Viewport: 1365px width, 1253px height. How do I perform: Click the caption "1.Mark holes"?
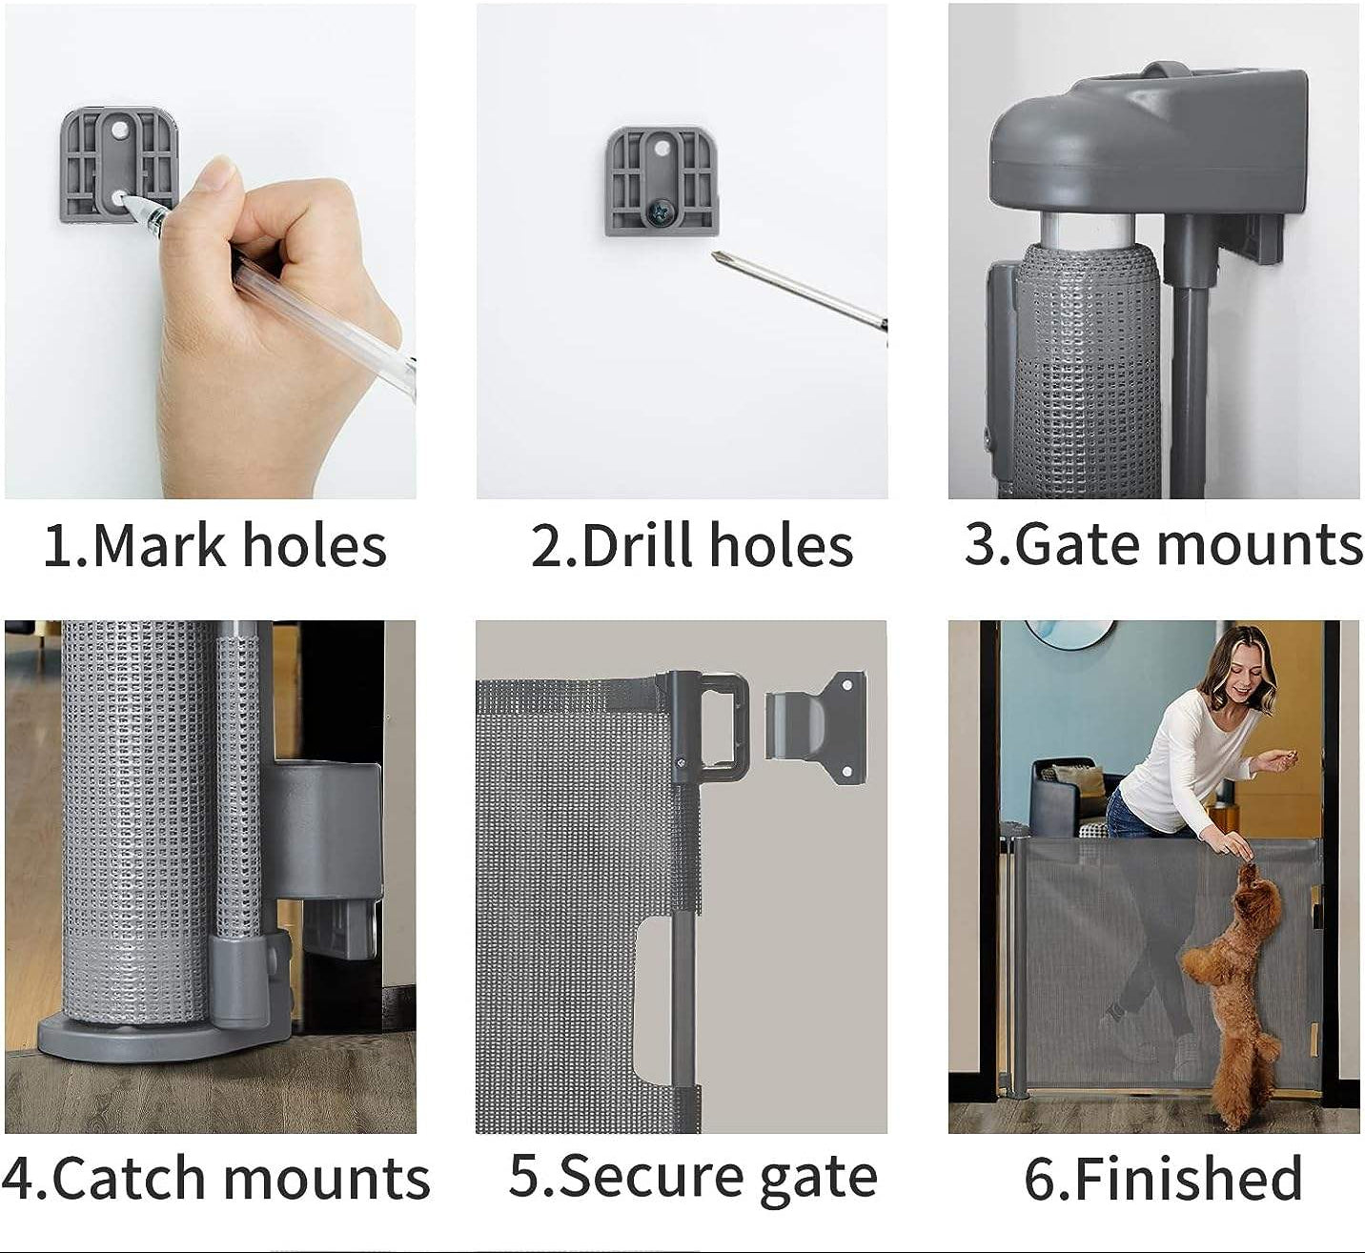pyautogui.click(x=214, y=545)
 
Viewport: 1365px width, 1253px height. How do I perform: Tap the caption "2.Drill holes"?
pyautogui.click(x=691, y=546)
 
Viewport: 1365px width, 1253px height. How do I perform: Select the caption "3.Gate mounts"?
pyautogui.click(x=1163, y=544)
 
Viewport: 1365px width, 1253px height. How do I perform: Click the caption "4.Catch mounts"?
pyautogui.click(x=215, y=1179)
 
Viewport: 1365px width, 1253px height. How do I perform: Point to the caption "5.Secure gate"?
pyautogui.click(x=692, y=1176)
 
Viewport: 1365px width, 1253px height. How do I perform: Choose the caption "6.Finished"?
pyautogui.click(x=1163, y=1179)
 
